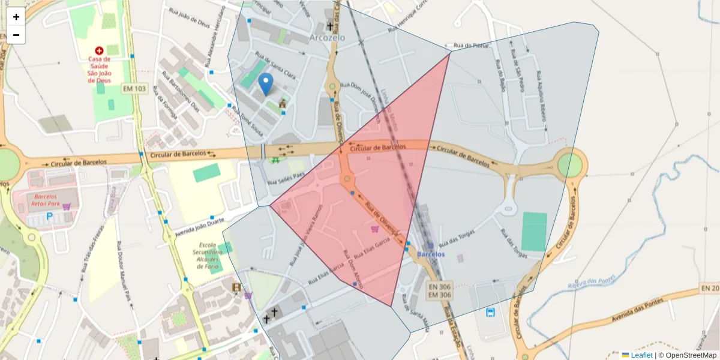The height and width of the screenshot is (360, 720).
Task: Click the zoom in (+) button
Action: [16, 17]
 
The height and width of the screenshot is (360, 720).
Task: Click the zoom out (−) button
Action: [16, 35]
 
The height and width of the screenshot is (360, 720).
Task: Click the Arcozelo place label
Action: [328, 38]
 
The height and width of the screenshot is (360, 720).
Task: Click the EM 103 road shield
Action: [134, 89]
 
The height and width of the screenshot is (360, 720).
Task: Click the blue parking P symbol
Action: [50, 215]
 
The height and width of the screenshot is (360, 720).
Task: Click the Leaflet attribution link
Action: [641, 355]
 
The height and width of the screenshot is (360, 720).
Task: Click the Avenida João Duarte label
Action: [194, 227]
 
